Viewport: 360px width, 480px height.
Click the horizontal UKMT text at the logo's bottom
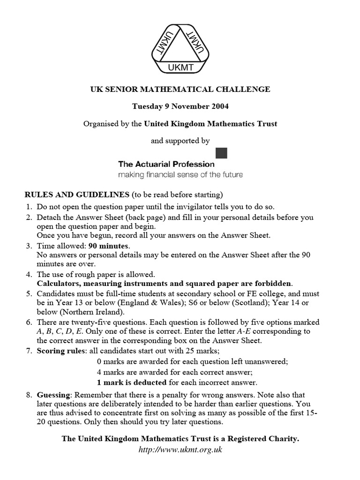point(180,69)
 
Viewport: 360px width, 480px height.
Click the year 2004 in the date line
point(219,106)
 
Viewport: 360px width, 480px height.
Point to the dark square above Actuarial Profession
point(221,153)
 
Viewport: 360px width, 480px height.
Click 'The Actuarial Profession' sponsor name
point(166,164)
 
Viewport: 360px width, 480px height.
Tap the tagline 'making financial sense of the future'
point(180,175)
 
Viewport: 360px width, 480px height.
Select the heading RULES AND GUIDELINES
point(77,195)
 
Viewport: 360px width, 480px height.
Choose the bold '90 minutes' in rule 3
point(110,246)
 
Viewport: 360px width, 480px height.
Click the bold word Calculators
point(57,284)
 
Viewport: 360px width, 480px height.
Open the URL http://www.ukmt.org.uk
point(180,450)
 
